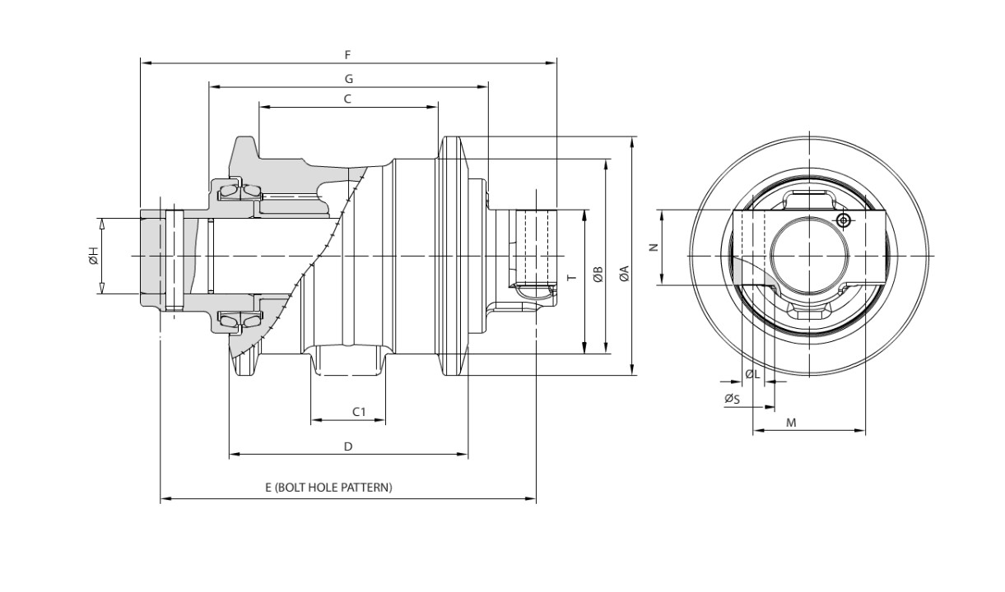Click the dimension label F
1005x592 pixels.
[347, 54]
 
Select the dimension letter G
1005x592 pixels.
[349, 79]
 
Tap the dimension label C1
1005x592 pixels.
[359, 411]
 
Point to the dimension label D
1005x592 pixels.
[347, 446]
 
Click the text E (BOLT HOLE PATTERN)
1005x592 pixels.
[328, 487]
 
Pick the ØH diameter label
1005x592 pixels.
[93, 256]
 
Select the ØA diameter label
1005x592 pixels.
[624, 274]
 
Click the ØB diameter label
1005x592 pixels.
[598, 274]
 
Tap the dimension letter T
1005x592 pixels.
[571, 277]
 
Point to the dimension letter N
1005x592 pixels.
[654, 247]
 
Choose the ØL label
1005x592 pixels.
[752, 374]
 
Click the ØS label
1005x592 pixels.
[732, 399]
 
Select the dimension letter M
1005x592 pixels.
[791, 423]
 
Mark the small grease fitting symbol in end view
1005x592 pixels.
[844, 220]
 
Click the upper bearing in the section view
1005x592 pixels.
[240, 192]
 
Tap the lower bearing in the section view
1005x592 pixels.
[240, 320]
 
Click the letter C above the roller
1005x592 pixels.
[347, 99]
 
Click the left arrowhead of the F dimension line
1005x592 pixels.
[146, 63]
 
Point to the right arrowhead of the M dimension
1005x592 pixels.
[860, 431]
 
